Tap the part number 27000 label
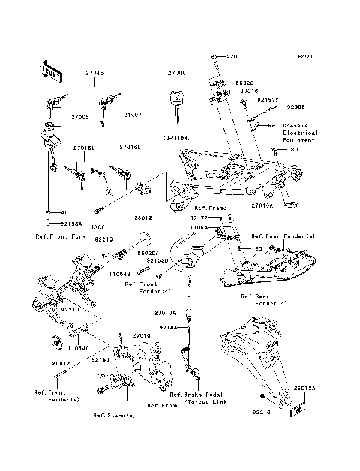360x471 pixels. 175,73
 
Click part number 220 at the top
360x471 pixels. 229,58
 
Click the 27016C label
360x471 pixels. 84,148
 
